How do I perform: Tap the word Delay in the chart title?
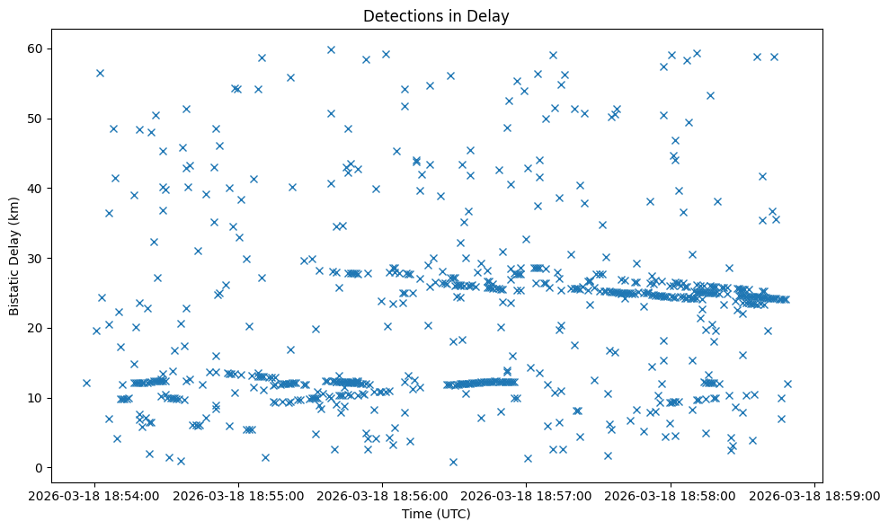tap(491, 15)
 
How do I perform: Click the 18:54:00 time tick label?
tap(94, 494)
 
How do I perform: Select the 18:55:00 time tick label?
tap(238, 494)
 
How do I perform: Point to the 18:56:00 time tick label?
tap(382, 494)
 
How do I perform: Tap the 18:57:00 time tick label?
tap(527, 494)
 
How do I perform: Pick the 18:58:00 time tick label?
tap(671, 494)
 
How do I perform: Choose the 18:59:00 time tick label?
tap(814, 494)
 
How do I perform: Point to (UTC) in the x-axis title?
tap(454, 515)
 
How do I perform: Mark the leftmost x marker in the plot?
tap(86, 383)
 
